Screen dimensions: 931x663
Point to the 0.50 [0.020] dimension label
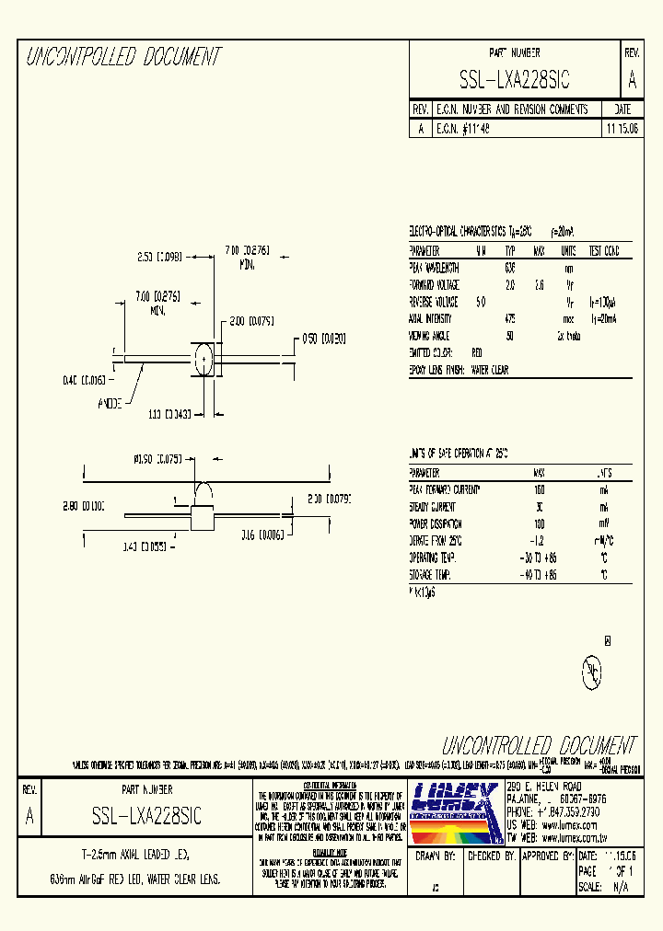click(x=323, y=339)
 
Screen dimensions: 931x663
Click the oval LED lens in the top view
click(x=204, y=358)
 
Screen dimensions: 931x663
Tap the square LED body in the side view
click(x=202, y=517)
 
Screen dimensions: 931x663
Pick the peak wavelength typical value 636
click(x=509, y=268)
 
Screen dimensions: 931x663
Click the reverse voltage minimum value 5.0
click(x=480, y=302)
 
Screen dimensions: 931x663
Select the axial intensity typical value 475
click(x=509, y=318)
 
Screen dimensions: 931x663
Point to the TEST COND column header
click(x=603, y=251)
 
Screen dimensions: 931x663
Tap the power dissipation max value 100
click(x=540, y=523)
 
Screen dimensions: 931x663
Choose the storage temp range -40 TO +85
click(x=540, y=575)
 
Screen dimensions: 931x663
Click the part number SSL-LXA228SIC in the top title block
click(x=514, y=81)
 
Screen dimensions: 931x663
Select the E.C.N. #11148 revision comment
click(x=463, y=130)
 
